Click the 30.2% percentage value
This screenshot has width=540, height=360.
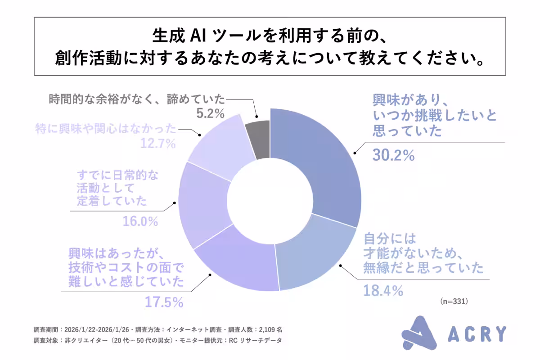(393, 155)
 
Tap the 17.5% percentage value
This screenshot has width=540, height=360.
(164, 301)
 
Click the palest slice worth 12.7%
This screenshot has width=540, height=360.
(216, 144)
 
